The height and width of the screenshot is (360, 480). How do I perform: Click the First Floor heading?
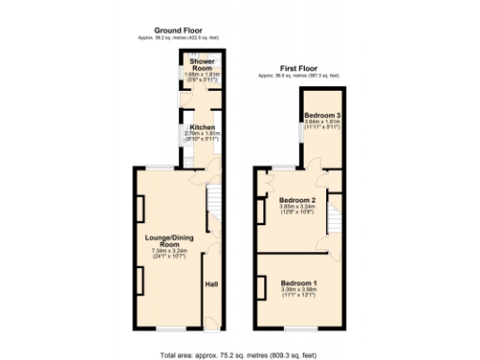click(299, 68)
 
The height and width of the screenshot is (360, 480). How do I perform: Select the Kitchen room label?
click(202, 127)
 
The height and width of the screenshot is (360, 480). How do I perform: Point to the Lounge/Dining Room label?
click(170, 241)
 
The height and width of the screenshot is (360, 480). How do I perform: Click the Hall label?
click(211, 285)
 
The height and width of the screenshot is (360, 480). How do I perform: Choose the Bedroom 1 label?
click(298, 282)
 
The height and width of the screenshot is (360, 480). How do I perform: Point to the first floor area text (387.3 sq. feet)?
click(299, 75)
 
